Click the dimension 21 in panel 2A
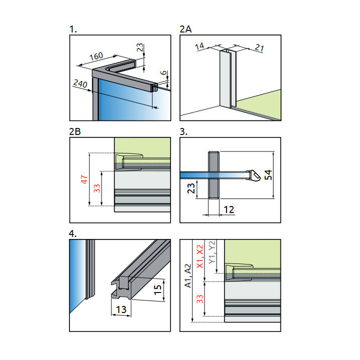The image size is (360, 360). pyautogui.click(x=258, y=47)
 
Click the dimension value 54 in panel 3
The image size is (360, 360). pyautogui.click(x=268, y=175)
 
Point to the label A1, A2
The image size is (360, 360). pyautogui.click(x=187, y=276)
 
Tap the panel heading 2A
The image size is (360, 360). pyautogui.click(x=185, y=30)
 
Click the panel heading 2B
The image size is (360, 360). pyautogui.click(x=75, y=131)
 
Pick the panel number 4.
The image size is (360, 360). pyautogui.click(x=73, y=232)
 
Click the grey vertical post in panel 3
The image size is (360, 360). pyautogui.click(x=212, y=175)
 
